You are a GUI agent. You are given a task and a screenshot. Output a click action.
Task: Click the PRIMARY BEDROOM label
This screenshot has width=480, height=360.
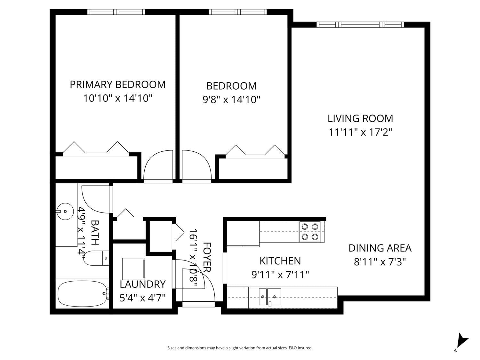[117, 84]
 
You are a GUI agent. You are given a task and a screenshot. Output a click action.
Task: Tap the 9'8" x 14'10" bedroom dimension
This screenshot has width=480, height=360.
[231, 100]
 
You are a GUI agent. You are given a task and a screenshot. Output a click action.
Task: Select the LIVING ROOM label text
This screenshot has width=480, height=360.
[360, 118]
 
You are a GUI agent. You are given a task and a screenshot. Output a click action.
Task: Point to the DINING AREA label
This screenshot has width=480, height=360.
[380, 248]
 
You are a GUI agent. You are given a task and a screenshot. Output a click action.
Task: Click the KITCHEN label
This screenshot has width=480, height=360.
[280, 261]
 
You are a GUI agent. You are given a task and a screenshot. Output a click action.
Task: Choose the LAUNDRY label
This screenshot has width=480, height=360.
[143, 284]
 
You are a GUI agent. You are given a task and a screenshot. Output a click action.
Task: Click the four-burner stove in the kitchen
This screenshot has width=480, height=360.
[310, 232]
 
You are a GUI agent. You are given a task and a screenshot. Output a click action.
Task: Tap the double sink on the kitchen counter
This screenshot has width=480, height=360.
[270, 297]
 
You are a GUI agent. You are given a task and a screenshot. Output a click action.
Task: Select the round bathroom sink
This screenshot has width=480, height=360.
[65, 212]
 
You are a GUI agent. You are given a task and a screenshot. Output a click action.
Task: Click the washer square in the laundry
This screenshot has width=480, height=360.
[133, 269]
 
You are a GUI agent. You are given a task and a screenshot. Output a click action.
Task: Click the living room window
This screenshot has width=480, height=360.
[360, 25]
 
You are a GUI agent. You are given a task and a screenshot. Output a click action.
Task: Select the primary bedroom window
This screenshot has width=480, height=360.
[116, 12]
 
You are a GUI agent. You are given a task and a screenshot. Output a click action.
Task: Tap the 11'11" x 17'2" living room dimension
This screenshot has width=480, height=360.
[360, 132]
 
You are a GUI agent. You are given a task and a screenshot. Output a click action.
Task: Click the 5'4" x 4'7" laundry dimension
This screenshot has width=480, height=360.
[143, 298]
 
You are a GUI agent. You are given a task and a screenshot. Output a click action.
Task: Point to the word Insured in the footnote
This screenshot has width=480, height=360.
[305, 348]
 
